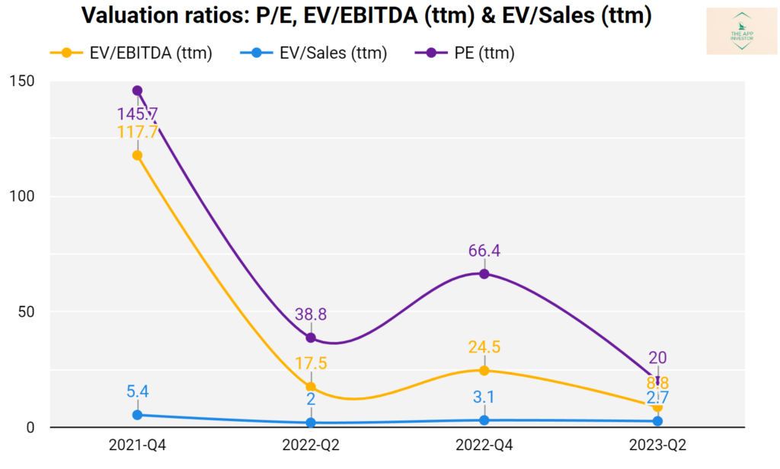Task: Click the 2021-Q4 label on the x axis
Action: (137, 447)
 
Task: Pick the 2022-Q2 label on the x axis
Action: (311, 447)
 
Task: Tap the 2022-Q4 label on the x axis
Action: (484, 447)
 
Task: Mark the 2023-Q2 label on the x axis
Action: (657, 447)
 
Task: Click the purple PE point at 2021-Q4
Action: (137, 91)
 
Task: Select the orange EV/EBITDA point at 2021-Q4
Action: (137, 155)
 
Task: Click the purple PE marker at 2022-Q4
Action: (484, 273)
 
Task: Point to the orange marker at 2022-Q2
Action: (311, 387)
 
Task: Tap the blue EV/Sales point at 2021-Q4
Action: (137, 415)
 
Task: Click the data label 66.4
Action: (484, 250)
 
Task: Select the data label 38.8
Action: (311, 314)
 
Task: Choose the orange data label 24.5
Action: (484, 347)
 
